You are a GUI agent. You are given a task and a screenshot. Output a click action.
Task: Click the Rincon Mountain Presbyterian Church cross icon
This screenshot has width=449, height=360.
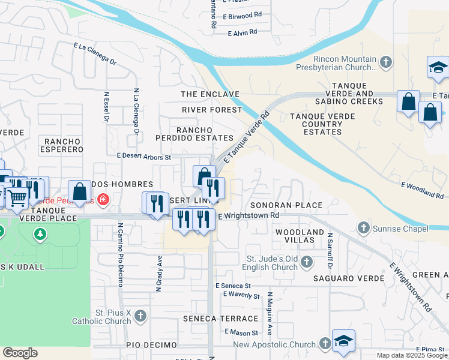tap(386, 61)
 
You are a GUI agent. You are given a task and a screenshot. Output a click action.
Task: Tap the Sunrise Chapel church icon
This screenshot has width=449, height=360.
tap(363, 228)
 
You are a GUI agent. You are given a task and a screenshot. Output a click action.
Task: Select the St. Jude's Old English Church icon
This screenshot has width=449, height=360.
tap(307, 262)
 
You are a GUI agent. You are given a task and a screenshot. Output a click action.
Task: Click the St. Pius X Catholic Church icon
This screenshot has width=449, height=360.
tap(140, 316)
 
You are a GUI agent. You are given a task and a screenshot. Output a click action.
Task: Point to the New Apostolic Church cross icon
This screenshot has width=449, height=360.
tap(325, 343)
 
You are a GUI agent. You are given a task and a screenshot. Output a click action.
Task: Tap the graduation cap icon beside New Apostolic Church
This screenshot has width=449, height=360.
tap(343, 340)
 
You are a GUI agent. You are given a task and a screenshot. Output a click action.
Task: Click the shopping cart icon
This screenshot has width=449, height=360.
tap(17, 196)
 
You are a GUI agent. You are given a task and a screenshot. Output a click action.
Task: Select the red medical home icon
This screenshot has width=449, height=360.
tap(103, 199)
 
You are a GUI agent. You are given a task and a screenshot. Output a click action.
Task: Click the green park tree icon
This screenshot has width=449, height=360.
tap(40, 233)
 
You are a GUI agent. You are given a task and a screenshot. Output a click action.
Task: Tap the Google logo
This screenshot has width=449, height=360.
tap(20, 353)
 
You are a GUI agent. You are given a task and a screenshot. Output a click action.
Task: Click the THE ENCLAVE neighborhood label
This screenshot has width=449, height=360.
tap(210, 95)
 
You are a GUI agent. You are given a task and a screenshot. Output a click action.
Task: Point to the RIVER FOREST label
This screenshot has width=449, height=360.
tap(212, 110)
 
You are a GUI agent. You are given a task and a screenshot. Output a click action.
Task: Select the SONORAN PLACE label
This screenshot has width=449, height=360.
tap(286, 205)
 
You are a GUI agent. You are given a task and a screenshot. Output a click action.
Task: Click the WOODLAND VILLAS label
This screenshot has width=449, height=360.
tap(295, 235)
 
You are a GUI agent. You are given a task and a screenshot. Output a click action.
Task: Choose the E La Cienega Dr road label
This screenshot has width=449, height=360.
tap(95, 53)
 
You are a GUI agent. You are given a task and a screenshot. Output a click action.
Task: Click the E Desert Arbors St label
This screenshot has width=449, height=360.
tap(145, 156)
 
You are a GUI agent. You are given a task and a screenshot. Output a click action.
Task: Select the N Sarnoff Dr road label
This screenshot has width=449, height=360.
tap(330, 256)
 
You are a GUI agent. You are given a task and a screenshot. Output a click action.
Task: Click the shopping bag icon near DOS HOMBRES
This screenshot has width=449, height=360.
tap(79, 191)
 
